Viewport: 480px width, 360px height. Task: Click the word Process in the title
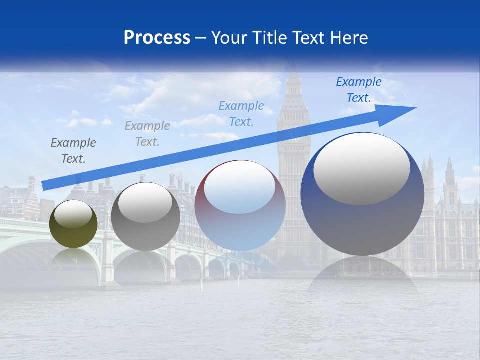[157, 38]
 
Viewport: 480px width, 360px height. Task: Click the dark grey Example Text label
[73, 151]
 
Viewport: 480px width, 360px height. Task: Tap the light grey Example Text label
[147, 134]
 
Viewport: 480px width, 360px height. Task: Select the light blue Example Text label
[241, 113]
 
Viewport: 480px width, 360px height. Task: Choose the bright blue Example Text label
[359, 90]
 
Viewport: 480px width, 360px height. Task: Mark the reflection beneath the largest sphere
[363, 275]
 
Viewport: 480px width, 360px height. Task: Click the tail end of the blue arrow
[45, 186]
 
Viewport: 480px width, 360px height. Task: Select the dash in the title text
[201, 38]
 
